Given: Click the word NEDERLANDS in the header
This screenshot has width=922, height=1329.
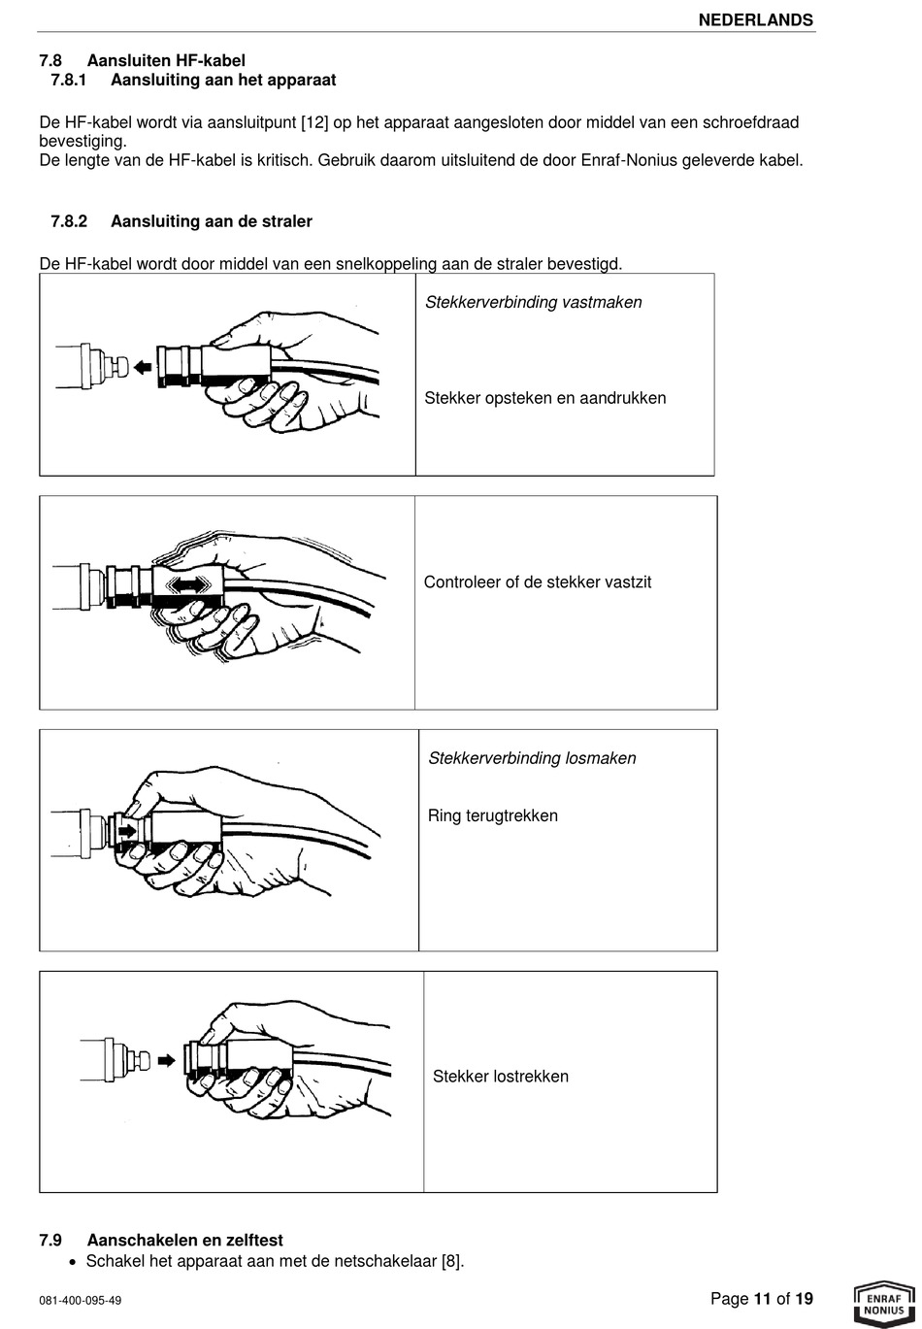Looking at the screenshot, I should [x=755, y=19].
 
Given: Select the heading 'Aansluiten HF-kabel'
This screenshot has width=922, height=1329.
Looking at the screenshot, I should [x=166, y=61].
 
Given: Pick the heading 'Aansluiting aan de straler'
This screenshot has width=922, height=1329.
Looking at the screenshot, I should [x=211, y=221].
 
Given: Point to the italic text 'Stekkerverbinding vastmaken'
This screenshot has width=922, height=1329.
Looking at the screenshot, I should [x=533, y=302].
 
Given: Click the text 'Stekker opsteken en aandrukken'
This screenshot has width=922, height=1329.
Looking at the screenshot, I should [x=544, y=398].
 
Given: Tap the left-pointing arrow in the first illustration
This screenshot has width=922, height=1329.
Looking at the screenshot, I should [x=144, y=367].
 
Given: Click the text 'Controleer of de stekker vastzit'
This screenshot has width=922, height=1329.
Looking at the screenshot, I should [x=537, y=582].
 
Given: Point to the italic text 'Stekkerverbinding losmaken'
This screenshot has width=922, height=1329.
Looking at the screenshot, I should [x=532, y=758].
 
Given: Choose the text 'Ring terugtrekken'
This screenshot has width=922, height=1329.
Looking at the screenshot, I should [x=493, y=815].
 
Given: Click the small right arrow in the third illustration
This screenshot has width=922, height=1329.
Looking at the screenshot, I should [x=127, y=831].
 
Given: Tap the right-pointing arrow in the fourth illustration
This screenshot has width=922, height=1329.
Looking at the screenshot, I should [x=166, y=1061].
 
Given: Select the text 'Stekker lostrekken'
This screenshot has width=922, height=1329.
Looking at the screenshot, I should [x=500, y=1077].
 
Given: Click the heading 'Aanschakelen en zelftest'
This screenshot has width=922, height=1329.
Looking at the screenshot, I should [x=184, y=1240].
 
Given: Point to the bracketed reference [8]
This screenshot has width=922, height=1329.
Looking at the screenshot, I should [x=451, y=1262].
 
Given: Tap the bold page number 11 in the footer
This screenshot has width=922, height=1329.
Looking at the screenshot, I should [x=762, y=1299].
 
